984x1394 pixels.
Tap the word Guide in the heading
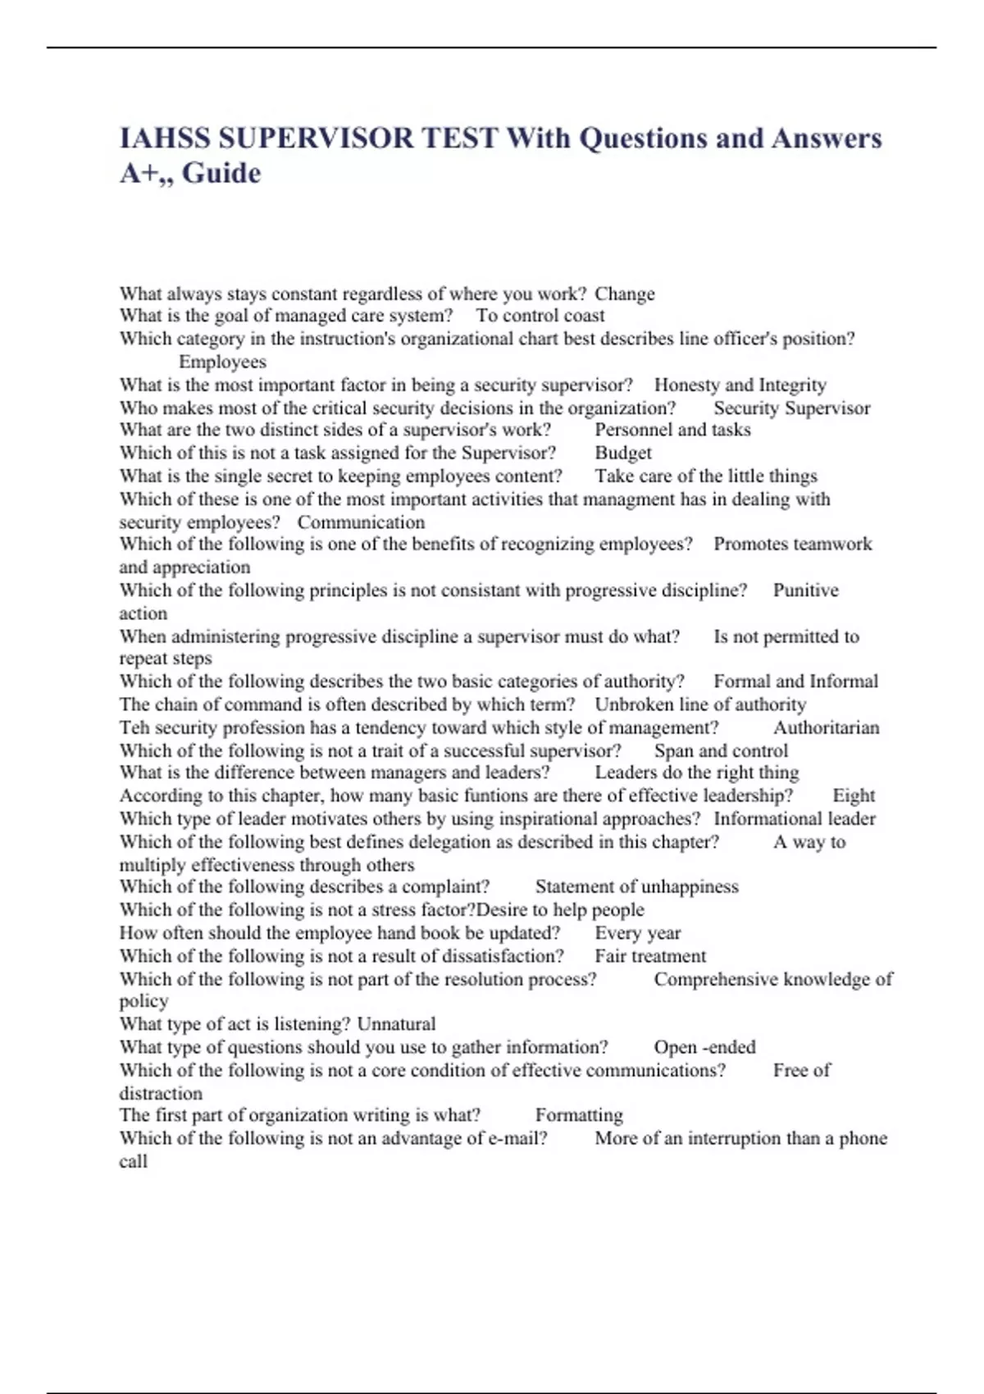221,173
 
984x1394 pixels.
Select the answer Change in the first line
624,294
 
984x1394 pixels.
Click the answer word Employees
222,362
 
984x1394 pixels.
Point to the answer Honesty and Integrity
740,385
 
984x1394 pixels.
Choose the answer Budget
623,453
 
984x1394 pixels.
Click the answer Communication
361,522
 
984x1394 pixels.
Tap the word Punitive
805,590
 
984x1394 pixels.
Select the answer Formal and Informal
795,681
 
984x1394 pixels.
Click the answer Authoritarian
826,727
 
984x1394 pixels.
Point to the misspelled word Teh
134,727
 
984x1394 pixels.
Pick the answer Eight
854,795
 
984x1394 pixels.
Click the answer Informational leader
794,818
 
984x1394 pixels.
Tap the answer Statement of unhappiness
636,886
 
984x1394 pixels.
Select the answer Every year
637,933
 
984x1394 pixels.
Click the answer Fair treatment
649,956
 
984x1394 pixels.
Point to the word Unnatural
396,1024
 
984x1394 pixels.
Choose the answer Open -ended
704,1047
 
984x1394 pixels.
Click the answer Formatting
579,1115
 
